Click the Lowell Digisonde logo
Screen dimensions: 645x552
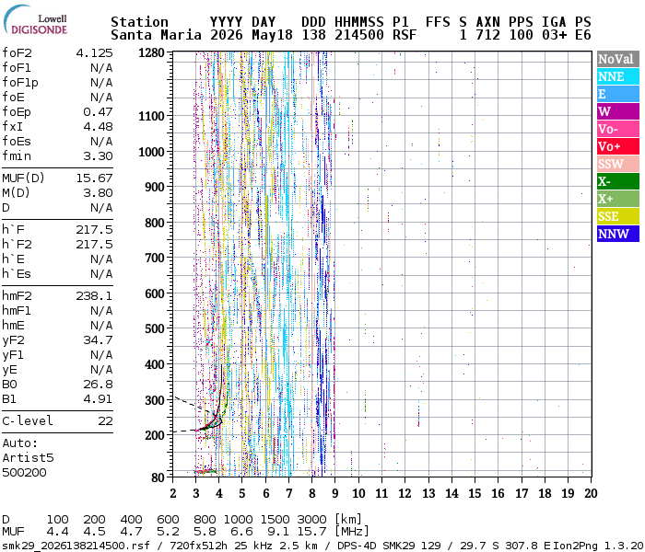click(x=35, y=20)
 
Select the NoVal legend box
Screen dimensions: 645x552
click(x=618, y=59)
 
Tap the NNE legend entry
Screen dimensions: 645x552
click(x=618, y=76)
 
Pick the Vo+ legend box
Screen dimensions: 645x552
click(x=618, y=146)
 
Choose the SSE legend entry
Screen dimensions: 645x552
click(x=618, y=216)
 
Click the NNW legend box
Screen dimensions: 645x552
click(x=618, y=234)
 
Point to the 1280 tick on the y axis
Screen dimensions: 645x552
click(x=151, y=53)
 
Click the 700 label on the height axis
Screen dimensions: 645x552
click(x=155, y=258)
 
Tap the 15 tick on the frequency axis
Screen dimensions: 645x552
click(x=475, y=493)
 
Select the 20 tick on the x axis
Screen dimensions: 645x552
click(x=591, y=493)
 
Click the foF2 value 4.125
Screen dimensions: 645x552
click(x=94, y=53)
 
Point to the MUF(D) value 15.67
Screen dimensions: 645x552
click(x=94, y=178)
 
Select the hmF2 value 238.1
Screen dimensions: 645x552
click(x=94, y=295)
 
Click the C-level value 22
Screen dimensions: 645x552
click(x=105, y=420)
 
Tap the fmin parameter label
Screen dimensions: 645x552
click(x=17, y=156)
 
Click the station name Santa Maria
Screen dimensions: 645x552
click(x=156, y=35)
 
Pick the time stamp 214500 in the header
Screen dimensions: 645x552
click(x=359, y=35)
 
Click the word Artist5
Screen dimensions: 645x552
click(x=28, y=458)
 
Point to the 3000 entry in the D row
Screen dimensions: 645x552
click(x=311, y=519)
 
